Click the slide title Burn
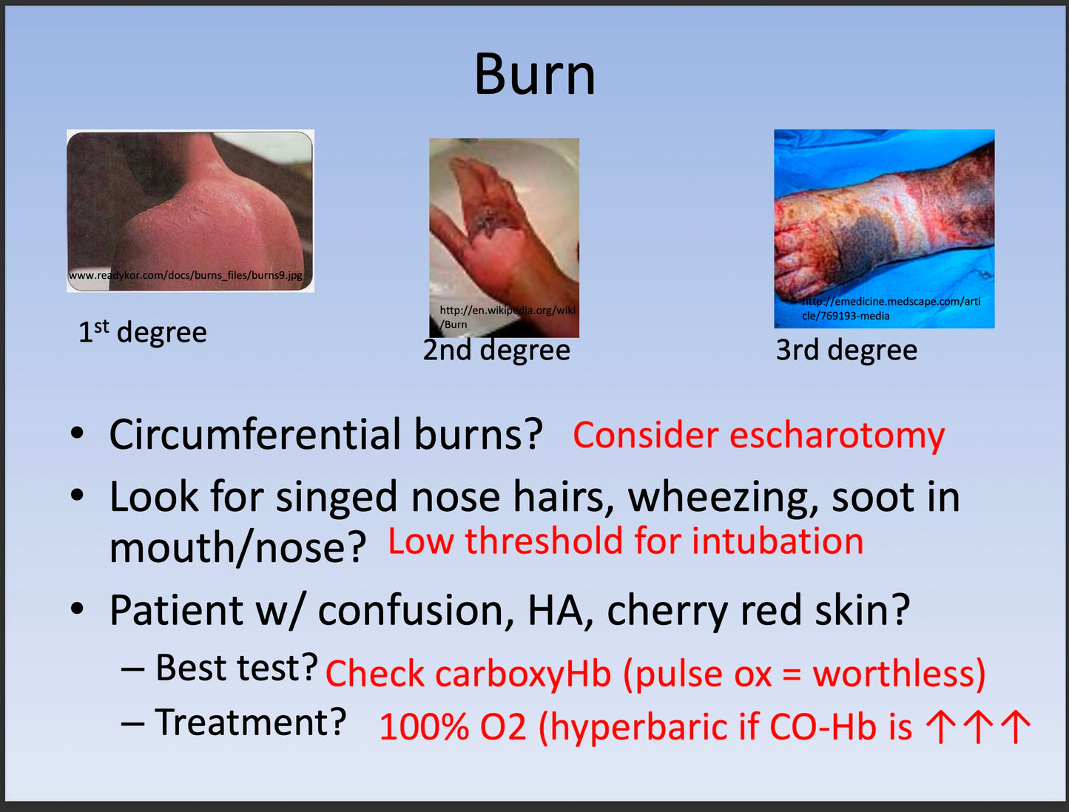click(535, 75)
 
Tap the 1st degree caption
click(143, 332)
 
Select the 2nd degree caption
click(496, 350)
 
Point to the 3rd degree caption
click(846, 350)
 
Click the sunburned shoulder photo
click(190, 211)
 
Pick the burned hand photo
click(504, 237)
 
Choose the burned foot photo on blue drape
click(884, 229)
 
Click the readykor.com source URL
click(186, 275)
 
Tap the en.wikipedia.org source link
click(507, 317)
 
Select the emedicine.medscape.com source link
click(891, 308)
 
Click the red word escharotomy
click(837, 435)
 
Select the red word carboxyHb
click(523, 674)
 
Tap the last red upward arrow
click(1016, 727)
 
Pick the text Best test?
click(237, 667)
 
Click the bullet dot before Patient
click(77, 609)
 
